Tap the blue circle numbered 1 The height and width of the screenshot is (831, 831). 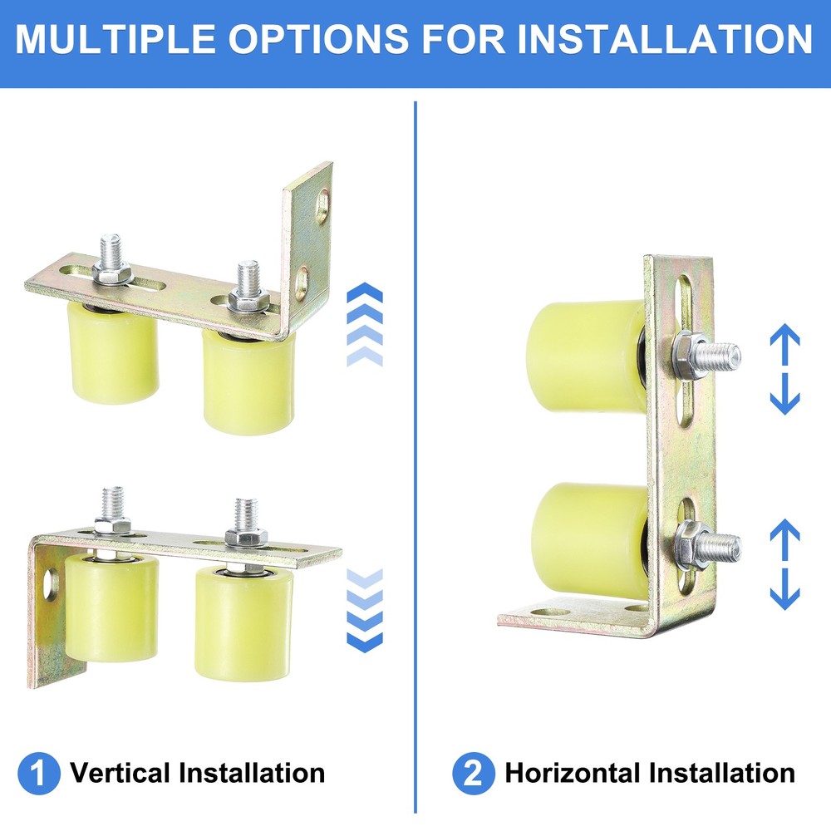(x=38, y=774)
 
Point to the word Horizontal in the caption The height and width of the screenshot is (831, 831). (x=574, y=774)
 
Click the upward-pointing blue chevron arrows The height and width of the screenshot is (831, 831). (x=363, y=324)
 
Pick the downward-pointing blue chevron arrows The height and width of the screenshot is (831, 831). (x=363, y=611)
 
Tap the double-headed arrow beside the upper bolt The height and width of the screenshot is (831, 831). (x=784, y=370)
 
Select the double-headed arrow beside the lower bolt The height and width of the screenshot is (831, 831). (x=784, y=565)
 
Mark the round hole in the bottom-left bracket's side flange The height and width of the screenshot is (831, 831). (x=51, y=583)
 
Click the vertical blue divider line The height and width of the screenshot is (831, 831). (x=415, y=457)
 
